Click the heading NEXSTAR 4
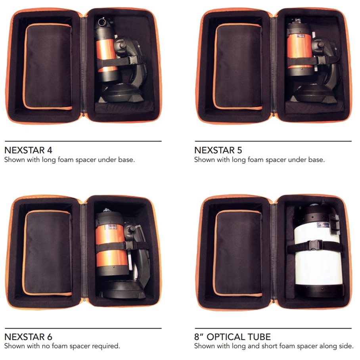[x=28, y=150]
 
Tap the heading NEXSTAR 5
[x=218, y=150]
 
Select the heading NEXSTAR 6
[x=28, y=337]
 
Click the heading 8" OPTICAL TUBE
[x=232, y=337]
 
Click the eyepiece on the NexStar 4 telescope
[x=102, y=22]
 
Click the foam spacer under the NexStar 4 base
[x=124, y=107]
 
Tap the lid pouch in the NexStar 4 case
[x=48, y=66]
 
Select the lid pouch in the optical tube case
[x=238, y=253]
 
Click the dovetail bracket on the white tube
[x=334, y=223]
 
